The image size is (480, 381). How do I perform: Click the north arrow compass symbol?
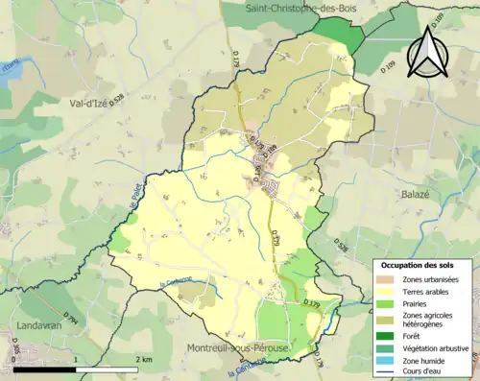click(x=426, y=52)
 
